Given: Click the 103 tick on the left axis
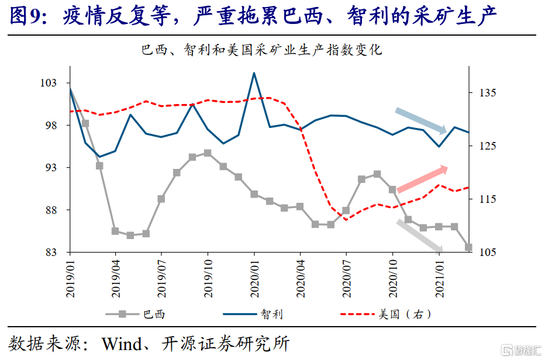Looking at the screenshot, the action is coord(49,83).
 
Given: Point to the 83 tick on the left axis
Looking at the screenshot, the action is coord(51,252).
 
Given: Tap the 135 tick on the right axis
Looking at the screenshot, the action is coord(488,93).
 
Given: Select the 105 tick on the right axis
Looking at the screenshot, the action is coord(488,252).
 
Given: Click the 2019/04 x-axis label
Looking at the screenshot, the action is coord(116,279).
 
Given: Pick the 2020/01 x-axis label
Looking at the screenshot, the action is coord(254,279).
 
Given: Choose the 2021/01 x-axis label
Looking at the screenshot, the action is coord(440,279).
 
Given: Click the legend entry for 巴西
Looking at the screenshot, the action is coord(135,314).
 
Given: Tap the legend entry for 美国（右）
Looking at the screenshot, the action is coord(386,314).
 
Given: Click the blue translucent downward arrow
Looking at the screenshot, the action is coord(421,120).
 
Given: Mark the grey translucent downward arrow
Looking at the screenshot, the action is coord(419,236).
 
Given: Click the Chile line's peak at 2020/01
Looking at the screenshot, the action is coord(254,73).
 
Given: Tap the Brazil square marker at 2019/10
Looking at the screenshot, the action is coord(208,153).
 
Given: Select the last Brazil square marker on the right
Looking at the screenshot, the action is coord(468,247).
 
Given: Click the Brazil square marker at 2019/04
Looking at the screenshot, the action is coord(115,231).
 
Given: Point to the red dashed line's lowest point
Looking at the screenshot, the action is coord(346,220).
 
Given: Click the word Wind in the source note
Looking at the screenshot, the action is coord(122,344).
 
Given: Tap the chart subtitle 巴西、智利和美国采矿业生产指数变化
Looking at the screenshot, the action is coord(262,50).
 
